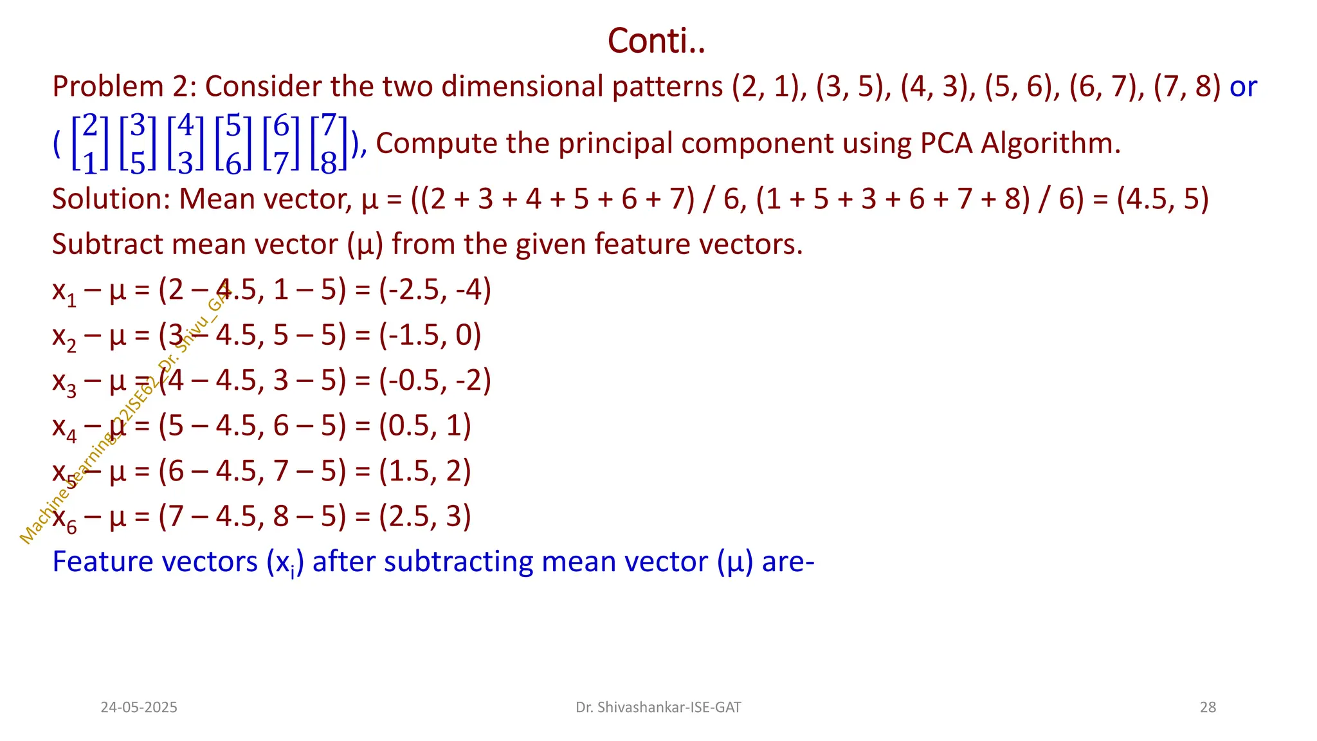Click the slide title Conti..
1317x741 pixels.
[656, 41]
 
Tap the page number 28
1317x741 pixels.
[1208, 708]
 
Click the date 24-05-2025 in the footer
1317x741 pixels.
[139, 708]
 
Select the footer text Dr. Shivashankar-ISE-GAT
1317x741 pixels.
[658, 708]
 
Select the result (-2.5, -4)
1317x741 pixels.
[435, 289]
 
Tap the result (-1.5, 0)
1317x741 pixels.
[430, 335]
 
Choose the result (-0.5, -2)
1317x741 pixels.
[435, 380]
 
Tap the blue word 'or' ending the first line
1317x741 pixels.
[1242, 87]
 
